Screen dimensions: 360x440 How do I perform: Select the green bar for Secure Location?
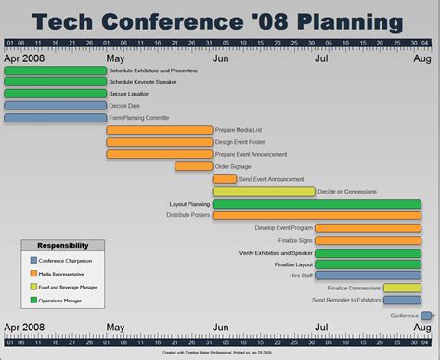(x=55, y=94)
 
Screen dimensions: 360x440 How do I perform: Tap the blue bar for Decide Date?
(x=55, y=106)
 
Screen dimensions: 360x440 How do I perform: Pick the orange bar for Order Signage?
(x=193, y=166)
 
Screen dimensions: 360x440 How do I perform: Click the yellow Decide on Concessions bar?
(x=263, y=191)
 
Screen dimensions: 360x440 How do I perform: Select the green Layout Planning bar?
(x=316, y=203)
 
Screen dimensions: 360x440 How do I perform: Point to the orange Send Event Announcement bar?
(x=224, y=179)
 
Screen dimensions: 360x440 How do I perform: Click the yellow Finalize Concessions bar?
(x=401, y=288)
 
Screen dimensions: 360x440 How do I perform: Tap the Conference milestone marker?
(x=426, y=315)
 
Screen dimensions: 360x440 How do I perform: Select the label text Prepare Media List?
(x=237, y=130)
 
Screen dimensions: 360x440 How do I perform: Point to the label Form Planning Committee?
(x=139, y=118)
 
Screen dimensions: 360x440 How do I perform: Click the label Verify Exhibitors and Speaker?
(x=276, y=252)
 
